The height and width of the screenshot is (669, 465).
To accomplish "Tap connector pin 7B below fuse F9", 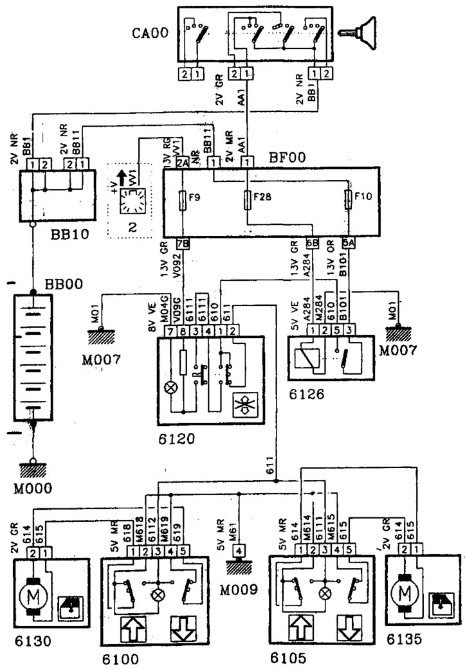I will [x=183, y=244].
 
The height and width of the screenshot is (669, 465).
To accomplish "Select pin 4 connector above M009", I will [x=239, y=550].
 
